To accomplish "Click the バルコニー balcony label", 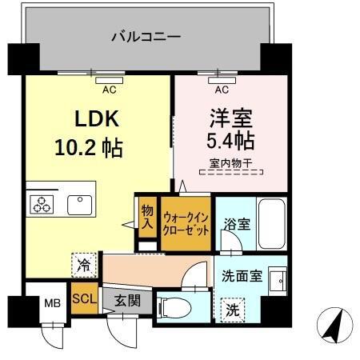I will [x=146, y=36].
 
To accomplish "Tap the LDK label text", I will [x=97, y=119].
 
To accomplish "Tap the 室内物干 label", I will [x=230, y=164].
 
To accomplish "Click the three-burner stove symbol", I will [x=41, y=203].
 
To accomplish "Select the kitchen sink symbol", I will [x=80, y=203].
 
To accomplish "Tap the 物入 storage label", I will [x=147, y=217].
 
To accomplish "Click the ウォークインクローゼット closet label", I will [x=186, y=222].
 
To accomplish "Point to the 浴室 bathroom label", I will [x=235, y=224].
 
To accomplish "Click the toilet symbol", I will [x=174, y=306].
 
